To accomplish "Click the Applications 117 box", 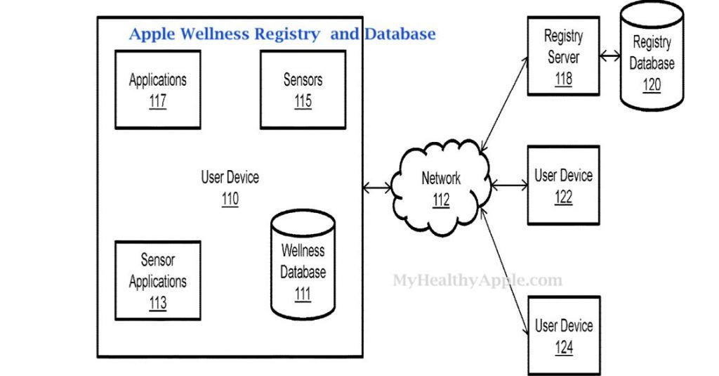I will [x=157, y=90].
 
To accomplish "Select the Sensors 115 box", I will [x=303, y=90].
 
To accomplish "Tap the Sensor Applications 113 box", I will [x=157, y=281].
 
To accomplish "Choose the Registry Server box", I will [x=563, y=56].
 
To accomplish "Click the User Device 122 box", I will [x=563, y=186].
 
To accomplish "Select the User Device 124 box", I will [x=563, y=336].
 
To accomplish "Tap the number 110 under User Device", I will [x=230, y=200].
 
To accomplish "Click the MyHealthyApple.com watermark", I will [x=477, y=280].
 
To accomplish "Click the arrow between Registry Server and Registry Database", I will [x=609, y=56].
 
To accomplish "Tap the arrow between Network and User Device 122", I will [x=509, y=186].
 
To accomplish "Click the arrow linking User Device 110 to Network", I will [x=378, y=188].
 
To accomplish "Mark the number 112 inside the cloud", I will [x=440, y=200].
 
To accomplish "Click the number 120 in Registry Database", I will [x=651, y=85].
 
